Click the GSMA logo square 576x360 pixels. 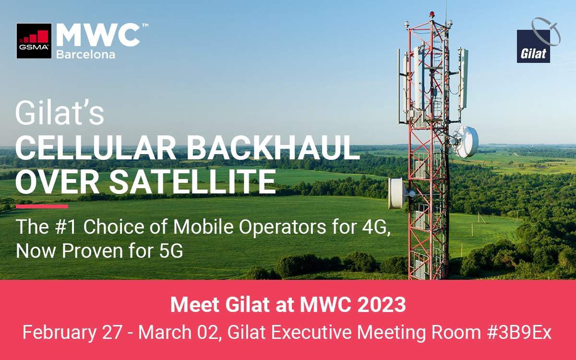34,41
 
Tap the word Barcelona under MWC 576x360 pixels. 85,55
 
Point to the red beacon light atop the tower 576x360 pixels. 432,14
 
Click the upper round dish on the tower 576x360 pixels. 465,142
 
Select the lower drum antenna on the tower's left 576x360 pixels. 397,193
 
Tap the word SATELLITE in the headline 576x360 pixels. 193,181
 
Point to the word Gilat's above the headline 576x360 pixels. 60,113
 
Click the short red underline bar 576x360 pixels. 42,206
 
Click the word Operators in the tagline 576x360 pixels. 283,228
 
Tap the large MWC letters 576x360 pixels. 98,35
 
